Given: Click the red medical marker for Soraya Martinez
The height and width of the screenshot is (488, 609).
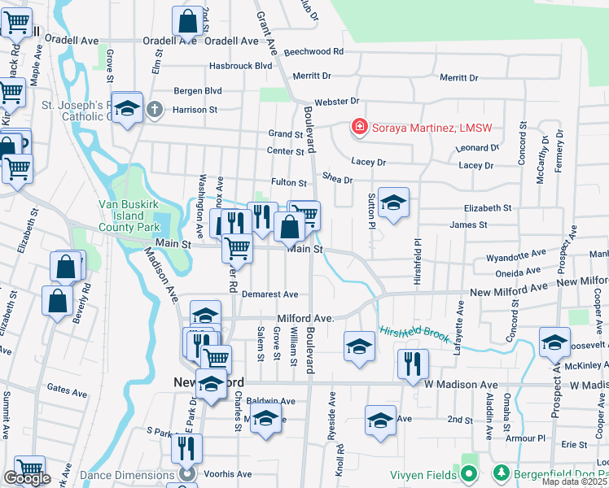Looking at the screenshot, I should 358,127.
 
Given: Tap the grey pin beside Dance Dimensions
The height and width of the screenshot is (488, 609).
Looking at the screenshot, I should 188,473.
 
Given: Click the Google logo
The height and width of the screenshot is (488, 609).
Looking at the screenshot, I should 27,478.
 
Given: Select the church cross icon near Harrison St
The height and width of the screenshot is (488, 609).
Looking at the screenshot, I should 155,109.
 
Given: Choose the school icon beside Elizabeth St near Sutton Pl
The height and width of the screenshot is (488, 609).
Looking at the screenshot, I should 393,203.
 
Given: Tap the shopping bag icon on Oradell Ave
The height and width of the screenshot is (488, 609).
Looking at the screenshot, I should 188,22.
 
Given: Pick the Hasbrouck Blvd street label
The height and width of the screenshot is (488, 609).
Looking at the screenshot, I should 240,65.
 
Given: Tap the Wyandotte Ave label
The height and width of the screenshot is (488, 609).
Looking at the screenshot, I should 515,256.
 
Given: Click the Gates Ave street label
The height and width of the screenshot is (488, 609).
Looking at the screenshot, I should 67,393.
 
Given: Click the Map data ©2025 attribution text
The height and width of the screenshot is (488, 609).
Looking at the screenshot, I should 575,481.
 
